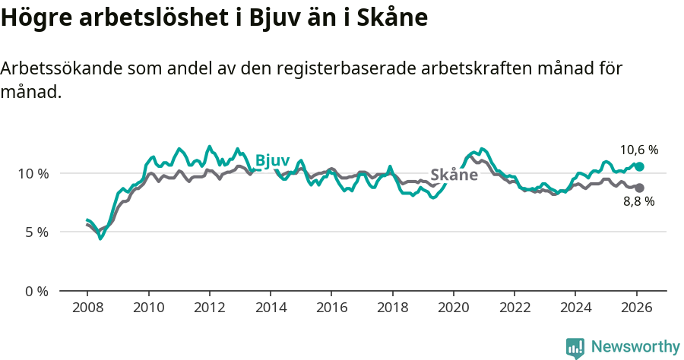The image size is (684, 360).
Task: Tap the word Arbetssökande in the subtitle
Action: tap(59, 68)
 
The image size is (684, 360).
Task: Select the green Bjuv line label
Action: tap(272, 160)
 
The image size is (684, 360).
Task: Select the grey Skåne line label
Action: tap(454, 175)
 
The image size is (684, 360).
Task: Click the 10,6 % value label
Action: tap(638, 150)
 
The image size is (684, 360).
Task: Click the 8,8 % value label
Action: tap(638, 201)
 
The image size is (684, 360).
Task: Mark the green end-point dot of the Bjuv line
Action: tap(639, 166)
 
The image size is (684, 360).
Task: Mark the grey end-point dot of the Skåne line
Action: tap(639, 188)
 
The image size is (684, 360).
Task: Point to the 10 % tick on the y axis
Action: tap(33, 173)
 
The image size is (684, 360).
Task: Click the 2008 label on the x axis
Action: tap(87, 310)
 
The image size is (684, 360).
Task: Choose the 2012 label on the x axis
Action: tap(209, 310)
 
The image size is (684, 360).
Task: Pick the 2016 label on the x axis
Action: tap(331, 310)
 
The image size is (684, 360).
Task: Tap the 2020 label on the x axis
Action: tap(454, 310)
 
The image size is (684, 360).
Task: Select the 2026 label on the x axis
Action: tap(636, 310)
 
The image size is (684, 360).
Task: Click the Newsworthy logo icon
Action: tap(575, 348)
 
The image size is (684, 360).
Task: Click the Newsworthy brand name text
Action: tap(635, 347)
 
